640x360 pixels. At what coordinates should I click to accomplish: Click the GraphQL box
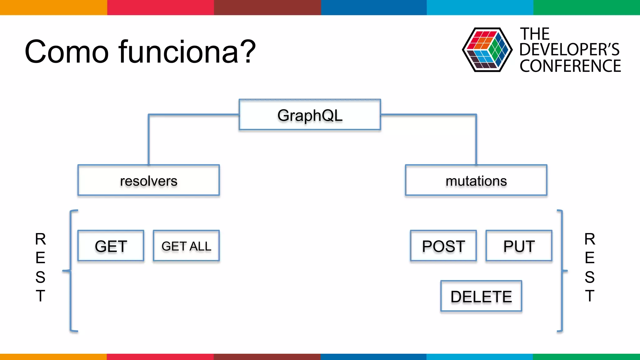[310, 115]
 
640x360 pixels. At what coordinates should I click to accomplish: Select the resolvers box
[148, 180]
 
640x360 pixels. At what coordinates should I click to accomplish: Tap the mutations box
[476, 180]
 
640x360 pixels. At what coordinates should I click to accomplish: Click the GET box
[111, 246]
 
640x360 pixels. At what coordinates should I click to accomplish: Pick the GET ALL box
[186, 246]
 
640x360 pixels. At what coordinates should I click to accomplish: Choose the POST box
[443, 246]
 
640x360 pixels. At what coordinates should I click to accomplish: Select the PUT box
[519, 246]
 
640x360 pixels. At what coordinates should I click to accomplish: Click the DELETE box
[481, 296]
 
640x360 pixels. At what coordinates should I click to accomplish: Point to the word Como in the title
[67, 52]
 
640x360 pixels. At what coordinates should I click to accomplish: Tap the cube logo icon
[487, 50]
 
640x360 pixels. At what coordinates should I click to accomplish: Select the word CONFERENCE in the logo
[570, 66]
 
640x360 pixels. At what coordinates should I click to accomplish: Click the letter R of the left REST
[40, 239]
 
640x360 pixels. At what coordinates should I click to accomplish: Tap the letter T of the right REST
[589, 296]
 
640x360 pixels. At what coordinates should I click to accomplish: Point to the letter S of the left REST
[40, 277]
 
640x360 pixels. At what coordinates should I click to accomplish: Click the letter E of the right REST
[589, 258]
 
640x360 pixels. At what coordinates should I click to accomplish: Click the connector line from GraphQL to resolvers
[149, 137]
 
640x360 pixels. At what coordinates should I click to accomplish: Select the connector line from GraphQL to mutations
[476, 137]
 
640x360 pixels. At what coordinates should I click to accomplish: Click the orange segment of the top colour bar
[53, 7]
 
